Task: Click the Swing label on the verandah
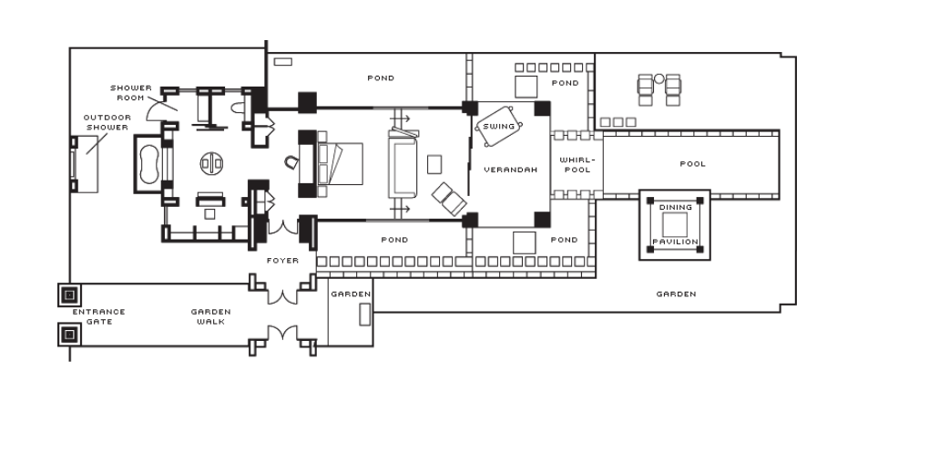point(499,127)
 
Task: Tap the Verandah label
point(511,170)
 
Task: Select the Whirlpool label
point(577,165)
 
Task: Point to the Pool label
point(693,163)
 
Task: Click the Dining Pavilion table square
point(675,224)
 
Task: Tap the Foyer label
point(282,261)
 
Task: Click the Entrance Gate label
point(98,316)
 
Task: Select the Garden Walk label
point(210,316)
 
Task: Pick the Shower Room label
point(131,93)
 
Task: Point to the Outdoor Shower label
point(107,122)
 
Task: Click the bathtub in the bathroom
point(148,163)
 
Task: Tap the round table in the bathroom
point(211,163)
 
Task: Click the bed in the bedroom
point(340,163)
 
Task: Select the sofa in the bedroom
point(403,164)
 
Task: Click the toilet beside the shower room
point(238,108)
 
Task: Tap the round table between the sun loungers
point(658,78)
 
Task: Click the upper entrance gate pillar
point(69,294)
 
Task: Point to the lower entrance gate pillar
point(69,335)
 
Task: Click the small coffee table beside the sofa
point(434,164)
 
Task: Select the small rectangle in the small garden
point(364,315)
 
